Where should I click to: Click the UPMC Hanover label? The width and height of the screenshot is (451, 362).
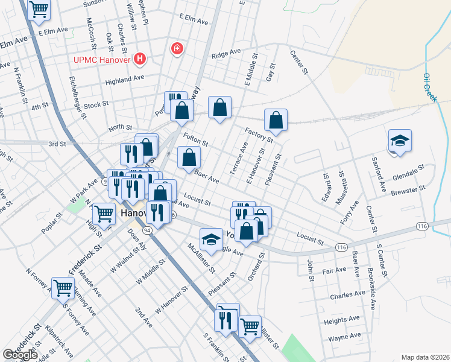[x=102, y=59]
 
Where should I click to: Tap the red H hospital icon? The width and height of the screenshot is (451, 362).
[x=140, y=59]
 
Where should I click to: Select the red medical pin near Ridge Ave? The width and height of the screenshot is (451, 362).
[x=177, y=48]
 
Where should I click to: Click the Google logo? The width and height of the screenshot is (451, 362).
[x=20, y=355]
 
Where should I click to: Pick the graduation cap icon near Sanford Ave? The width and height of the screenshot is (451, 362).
[x=400, y=141]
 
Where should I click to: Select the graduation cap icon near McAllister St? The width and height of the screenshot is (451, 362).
[x=211, y=240]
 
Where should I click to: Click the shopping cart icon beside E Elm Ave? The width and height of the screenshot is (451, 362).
[x=39, y=10]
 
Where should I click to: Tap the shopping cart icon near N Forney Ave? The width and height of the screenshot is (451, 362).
[x=63, y=288]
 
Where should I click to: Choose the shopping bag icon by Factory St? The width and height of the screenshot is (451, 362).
[x=276, y=119]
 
